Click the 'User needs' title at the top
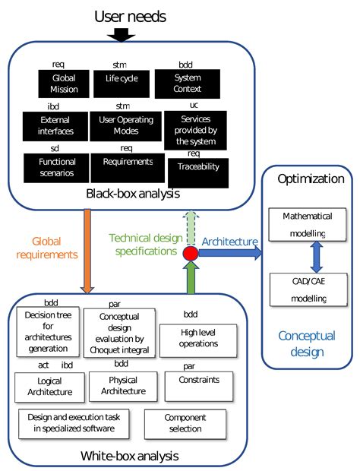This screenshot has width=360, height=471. click(x=129, y=15)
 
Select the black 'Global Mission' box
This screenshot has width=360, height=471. click(x=65, y=83)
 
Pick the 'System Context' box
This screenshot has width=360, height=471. click(x=187, y=82)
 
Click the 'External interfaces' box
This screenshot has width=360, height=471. click(x=55, y=125)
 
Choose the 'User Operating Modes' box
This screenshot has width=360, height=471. click(x=126, y=125)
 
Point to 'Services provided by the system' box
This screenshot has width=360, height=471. click(x=195, y=130)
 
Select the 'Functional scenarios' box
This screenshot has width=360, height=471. click(x=54, y=167)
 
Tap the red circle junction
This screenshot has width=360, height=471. click(x=191, y=254)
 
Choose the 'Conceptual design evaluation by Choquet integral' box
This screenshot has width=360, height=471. click(x=118, y=333)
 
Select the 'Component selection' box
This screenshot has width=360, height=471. click(x=185, y=424)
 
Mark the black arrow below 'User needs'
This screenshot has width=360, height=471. click(x=121, y=33)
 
